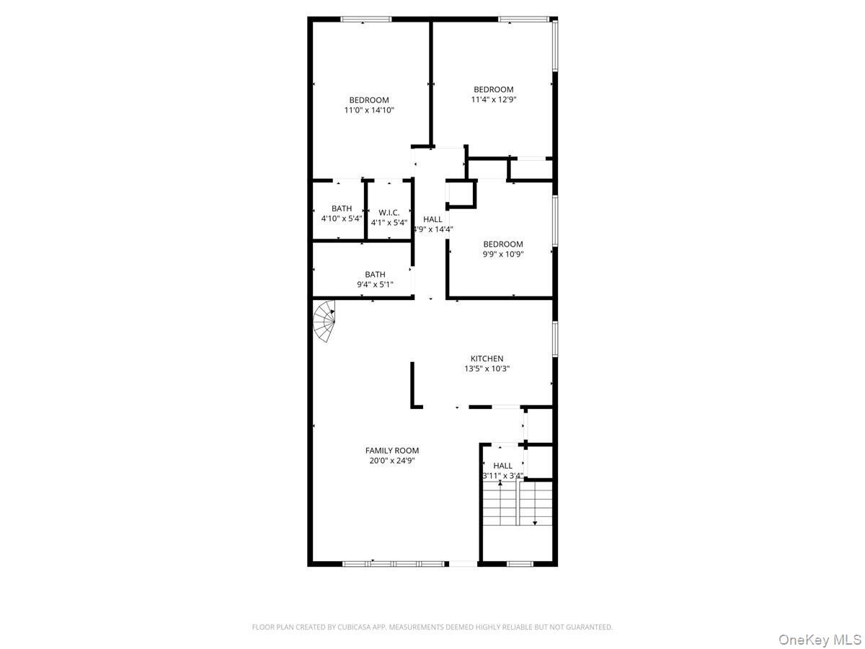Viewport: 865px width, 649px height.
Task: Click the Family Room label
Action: point(391,450)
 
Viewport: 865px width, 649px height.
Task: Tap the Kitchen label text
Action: point(487,358)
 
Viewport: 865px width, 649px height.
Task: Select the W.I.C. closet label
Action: point(389,213)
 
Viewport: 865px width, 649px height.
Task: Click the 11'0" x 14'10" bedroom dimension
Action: point(369,110)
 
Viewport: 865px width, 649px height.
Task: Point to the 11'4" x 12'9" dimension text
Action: point(493,100)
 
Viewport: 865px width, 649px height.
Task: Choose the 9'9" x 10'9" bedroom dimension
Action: point(503,254)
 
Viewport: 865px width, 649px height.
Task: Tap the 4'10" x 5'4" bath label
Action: point(342,218)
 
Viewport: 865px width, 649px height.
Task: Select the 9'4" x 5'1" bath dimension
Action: point(375,284)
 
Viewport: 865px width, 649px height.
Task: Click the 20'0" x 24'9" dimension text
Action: point(391,460)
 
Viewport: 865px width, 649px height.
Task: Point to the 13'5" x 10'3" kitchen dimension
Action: point(487,368)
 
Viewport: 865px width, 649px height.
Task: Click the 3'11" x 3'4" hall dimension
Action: point(503,476)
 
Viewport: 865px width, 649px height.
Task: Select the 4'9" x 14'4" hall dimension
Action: point(432,229)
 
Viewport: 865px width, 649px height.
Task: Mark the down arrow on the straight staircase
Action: point(534,522)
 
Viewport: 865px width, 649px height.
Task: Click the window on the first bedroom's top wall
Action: point(366,19)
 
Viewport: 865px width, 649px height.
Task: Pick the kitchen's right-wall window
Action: point(554,339)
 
